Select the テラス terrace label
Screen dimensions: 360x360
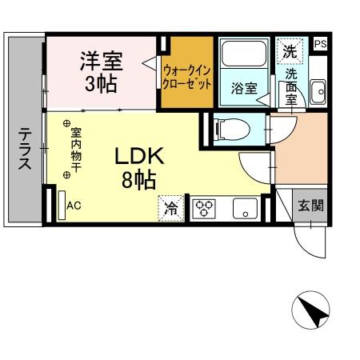click(24, 150)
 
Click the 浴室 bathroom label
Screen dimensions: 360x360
click(243, 88)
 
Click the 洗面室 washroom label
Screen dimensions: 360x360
click(290, 86)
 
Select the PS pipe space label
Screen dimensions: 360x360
click(320, 44)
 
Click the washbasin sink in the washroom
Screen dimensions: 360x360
click(318, 91)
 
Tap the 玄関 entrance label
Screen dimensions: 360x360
click(312, 205)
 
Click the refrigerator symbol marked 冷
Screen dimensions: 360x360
click(170, 208)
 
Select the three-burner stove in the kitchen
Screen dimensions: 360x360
click(203, 208)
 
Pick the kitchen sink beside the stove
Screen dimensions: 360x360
click(243, 209)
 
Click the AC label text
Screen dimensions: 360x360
click(74, 206)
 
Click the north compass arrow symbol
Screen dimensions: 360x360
click(311, 312)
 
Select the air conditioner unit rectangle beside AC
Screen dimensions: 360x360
click(61, 204)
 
